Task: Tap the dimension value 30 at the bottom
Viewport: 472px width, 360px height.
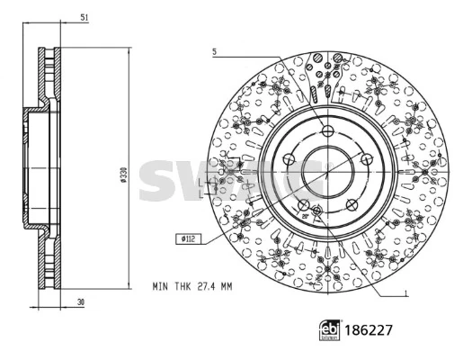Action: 81,302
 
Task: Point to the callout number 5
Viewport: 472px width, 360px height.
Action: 215,52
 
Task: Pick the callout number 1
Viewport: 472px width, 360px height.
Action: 406,292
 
